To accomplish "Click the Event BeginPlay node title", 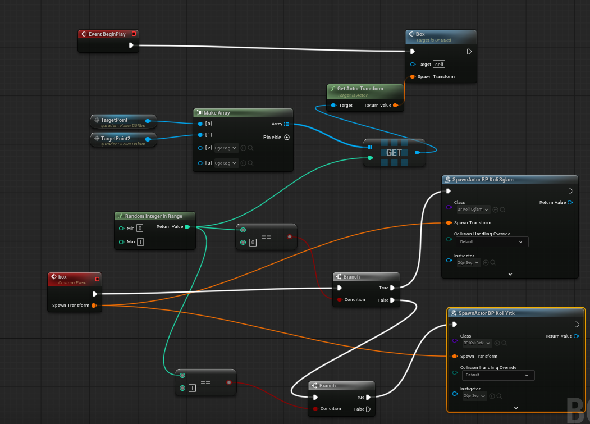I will pyautogui.click(x=107, y=34).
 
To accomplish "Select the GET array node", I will pyautogui.click(x=394, y=152).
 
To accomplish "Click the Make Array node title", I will pyautogui.click(x=217, y=113).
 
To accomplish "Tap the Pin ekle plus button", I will pyautogui.click(x=287, y=137).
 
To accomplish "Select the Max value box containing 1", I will pyautogui.click(x=140, y=242).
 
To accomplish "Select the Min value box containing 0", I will pyautogui.click(x=140, y=228).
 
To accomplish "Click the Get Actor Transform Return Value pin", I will pyautogui.click(x=395, y=105).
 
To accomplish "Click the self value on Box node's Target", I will pyautogui.click(x=439, y=64).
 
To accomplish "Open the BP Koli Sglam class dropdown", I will pyautogui.click(x=473, y=209).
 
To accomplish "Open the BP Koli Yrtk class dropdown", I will pyautogui.click(x=477, y=343).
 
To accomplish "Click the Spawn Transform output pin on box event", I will pyautogui.click(x=93, y=306).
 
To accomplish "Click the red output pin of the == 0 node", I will pyautogui.click(x=290, y=236).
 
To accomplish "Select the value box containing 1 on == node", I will pyautogui.click(x=192, y=388).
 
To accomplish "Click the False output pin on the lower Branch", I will pyautogui.click(x=368, y=409).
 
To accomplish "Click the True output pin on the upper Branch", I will pyautogui.click(x=392, y=288).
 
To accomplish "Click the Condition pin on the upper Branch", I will pyautogui.click(x=340, y=300).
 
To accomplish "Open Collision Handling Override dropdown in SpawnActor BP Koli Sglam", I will pyautogui.click(x=492, y=241).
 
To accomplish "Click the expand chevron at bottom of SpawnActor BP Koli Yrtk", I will pyautogui.click(x=516, y=408).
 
